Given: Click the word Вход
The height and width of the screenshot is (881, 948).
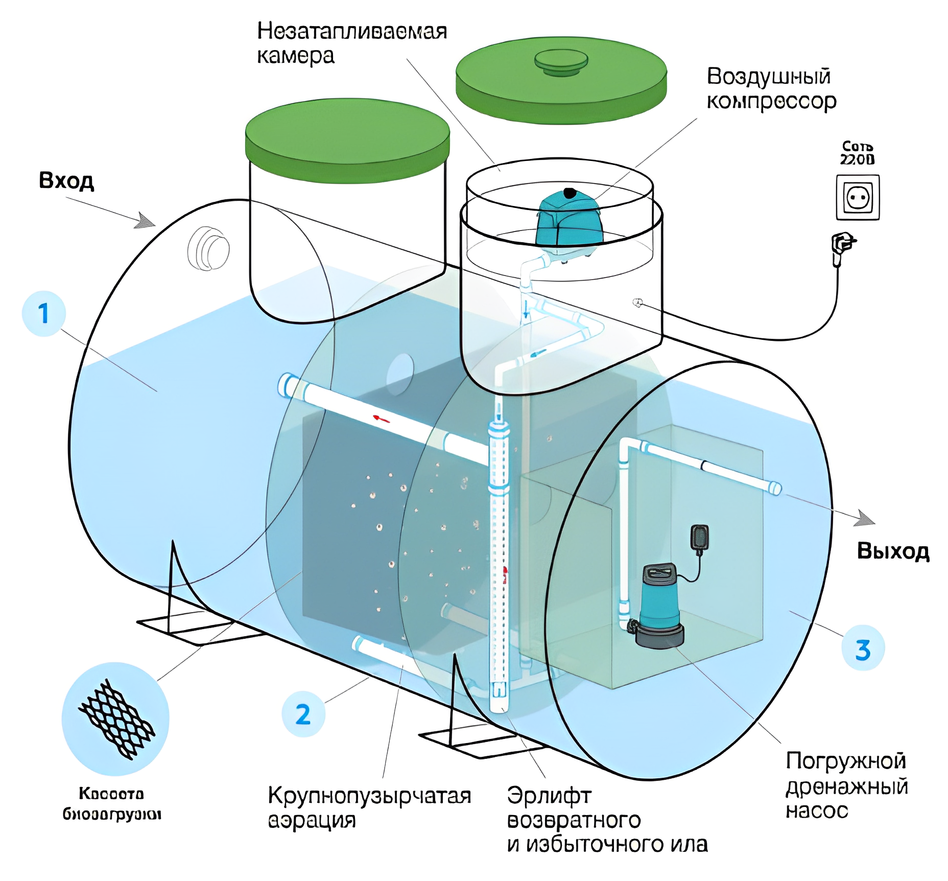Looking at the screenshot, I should [66, 181].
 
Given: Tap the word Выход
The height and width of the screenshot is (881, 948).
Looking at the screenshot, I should [893, 551].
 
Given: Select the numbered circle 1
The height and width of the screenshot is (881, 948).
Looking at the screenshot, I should [44, 314].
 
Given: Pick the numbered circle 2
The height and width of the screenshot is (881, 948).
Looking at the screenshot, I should [303, 714].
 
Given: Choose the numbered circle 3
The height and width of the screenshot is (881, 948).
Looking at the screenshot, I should [863, 650].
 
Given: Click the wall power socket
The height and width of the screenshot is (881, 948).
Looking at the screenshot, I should [858, 197].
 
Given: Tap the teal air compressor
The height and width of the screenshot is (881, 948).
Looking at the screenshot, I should [568, 221].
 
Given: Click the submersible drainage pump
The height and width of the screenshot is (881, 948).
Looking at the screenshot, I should [659, 606].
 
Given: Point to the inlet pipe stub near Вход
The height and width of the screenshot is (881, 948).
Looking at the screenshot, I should [209, 249].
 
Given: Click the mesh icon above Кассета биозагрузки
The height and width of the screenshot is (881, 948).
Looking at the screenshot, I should [115, 718].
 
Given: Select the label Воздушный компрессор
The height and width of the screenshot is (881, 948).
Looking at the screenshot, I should [771, 89].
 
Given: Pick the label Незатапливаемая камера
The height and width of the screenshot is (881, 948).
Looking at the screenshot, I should [351, 43].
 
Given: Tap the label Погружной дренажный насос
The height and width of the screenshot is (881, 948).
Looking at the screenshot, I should [846, 786].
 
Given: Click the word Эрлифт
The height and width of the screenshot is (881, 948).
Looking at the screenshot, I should [549, 796].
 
